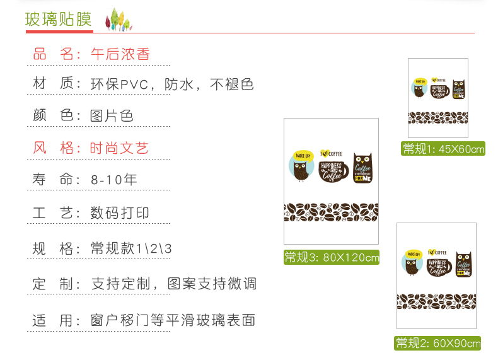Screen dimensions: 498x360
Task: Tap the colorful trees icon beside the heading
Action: (x=118, y=20)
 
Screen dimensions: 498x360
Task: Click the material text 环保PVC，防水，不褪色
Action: (x=172, y=84)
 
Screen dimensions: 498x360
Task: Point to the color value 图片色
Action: (x=112, y=116)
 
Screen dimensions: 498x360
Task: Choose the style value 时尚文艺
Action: (x=119, y=149)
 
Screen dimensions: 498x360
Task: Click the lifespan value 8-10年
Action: (x=113, y=180)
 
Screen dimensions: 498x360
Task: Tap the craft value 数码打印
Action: (x=120, y=213)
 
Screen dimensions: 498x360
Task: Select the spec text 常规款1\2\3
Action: (x=131, y=248)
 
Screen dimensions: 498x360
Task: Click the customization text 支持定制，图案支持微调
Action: (x=174, y=284)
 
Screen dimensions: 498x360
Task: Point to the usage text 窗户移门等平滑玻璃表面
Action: (x=173, y=320)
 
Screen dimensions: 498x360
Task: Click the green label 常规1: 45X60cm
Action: (x=444, y=149)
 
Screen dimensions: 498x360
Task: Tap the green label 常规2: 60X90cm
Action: (x=438, y=343)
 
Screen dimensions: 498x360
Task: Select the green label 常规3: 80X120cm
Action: (x=332, y=257)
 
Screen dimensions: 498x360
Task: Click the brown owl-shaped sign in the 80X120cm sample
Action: (x=362, y=168)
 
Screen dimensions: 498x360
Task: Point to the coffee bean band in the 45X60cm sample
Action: (x=438, y=118)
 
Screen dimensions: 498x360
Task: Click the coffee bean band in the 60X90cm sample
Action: (x=436, y=301)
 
